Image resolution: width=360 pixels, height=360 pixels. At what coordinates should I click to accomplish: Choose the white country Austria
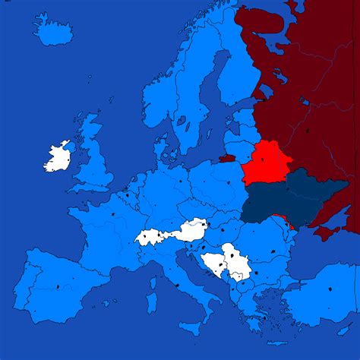click(x=190, y=229)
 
